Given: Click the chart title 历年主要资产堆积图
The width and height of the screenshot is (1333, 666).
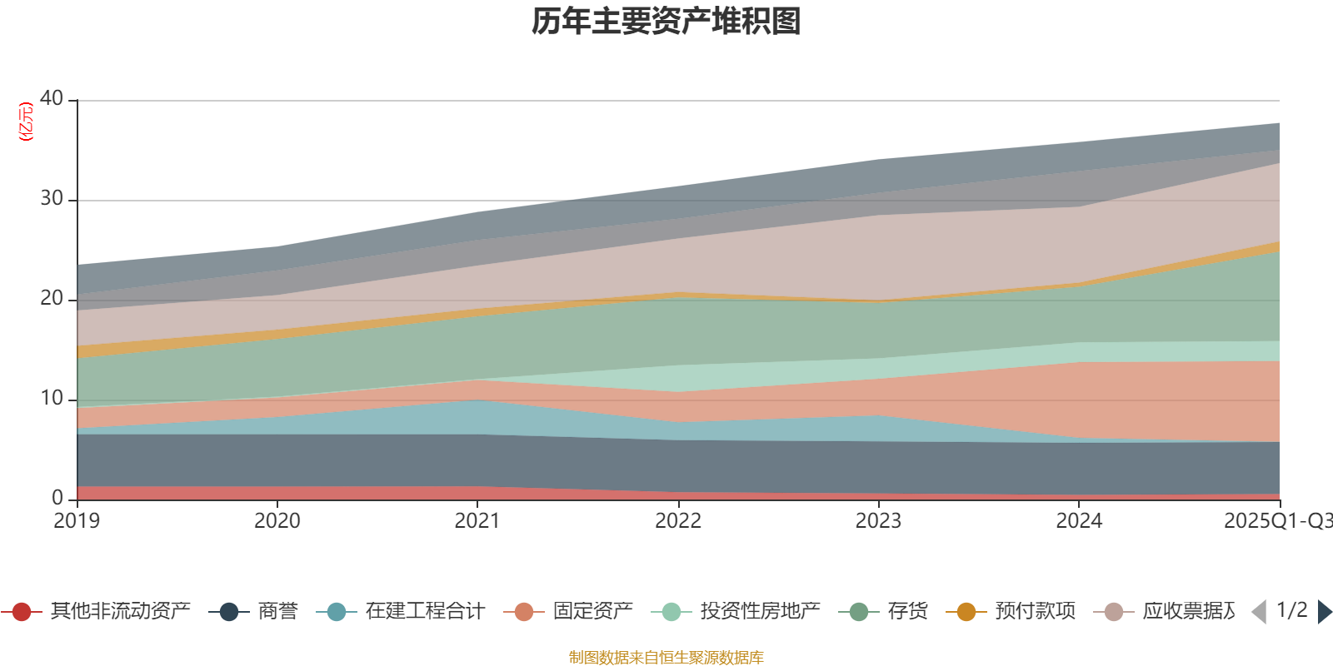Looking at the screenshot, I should click(x=666, y=22).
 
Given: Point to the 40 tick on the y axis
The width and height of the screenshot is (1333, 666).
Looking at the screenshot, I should click(x=52, y=98).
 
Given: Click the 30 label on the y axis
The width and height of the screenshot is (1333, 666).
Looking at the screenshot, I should click(x=52, y=198).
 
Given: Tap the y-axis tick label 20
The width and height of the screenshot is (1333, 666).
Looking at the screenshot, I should click(x=52, y=298).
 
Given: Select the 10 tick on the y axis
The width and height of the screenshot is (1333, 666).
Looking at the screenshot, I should click(x=52, y=398).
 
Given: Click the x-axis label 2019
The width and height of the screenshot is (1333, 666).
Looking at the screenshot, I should click(x=77, y=521).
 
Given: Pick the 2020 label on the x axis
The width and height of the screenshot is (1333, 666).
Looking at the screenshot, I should click(x=277, y=521).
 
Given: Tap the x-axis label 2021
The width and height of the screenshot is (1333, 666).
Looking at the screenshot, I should click(x=477, y=521).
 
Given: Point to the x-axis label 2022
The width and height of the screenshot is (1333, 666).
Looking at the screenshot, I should click(x=678, y=521).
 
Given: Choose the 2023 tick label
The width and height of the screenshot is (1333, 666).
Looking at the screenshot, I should click(x=878, y=521).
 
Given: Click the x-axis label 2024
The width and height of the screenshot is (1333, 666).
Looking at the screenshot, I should click(x=1079, y=521).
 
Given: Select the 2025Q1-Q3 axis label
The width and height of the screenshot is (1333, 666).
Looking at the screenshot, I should click(x=1276, y=521).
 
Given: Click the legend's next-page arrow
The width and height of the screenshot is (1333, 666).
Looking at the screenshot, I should click(x=1324, y=612).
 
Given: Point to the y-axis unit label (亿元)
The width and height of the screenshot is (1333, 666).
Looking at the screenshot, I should click(x=27, y=122).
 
